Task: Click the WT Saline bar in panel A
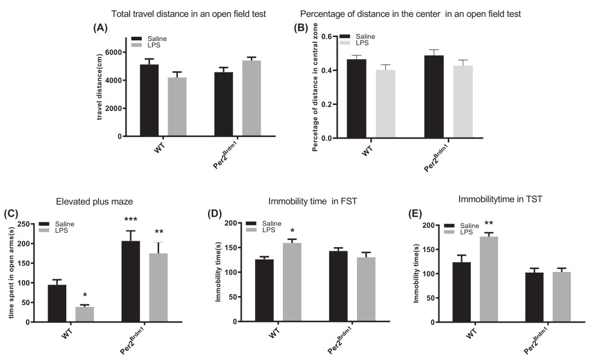pyautogui.click(x=150, y=100)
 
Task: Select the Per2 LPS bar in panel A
pyautogui.click(x=251, y=98)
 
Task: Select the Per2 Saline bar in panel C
pyautogui.click(x=131, y=282)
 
